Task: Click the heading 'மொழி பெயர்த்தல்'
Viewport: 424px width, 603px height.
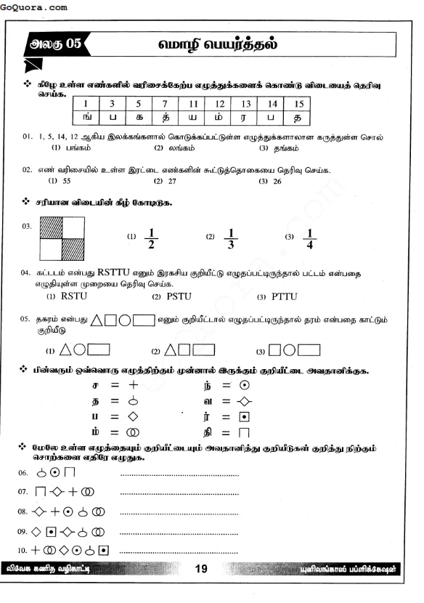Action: (x=218, y=44)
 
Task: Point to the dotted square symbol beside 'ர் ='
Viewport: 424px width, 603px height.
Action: (x=246, y=416)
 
